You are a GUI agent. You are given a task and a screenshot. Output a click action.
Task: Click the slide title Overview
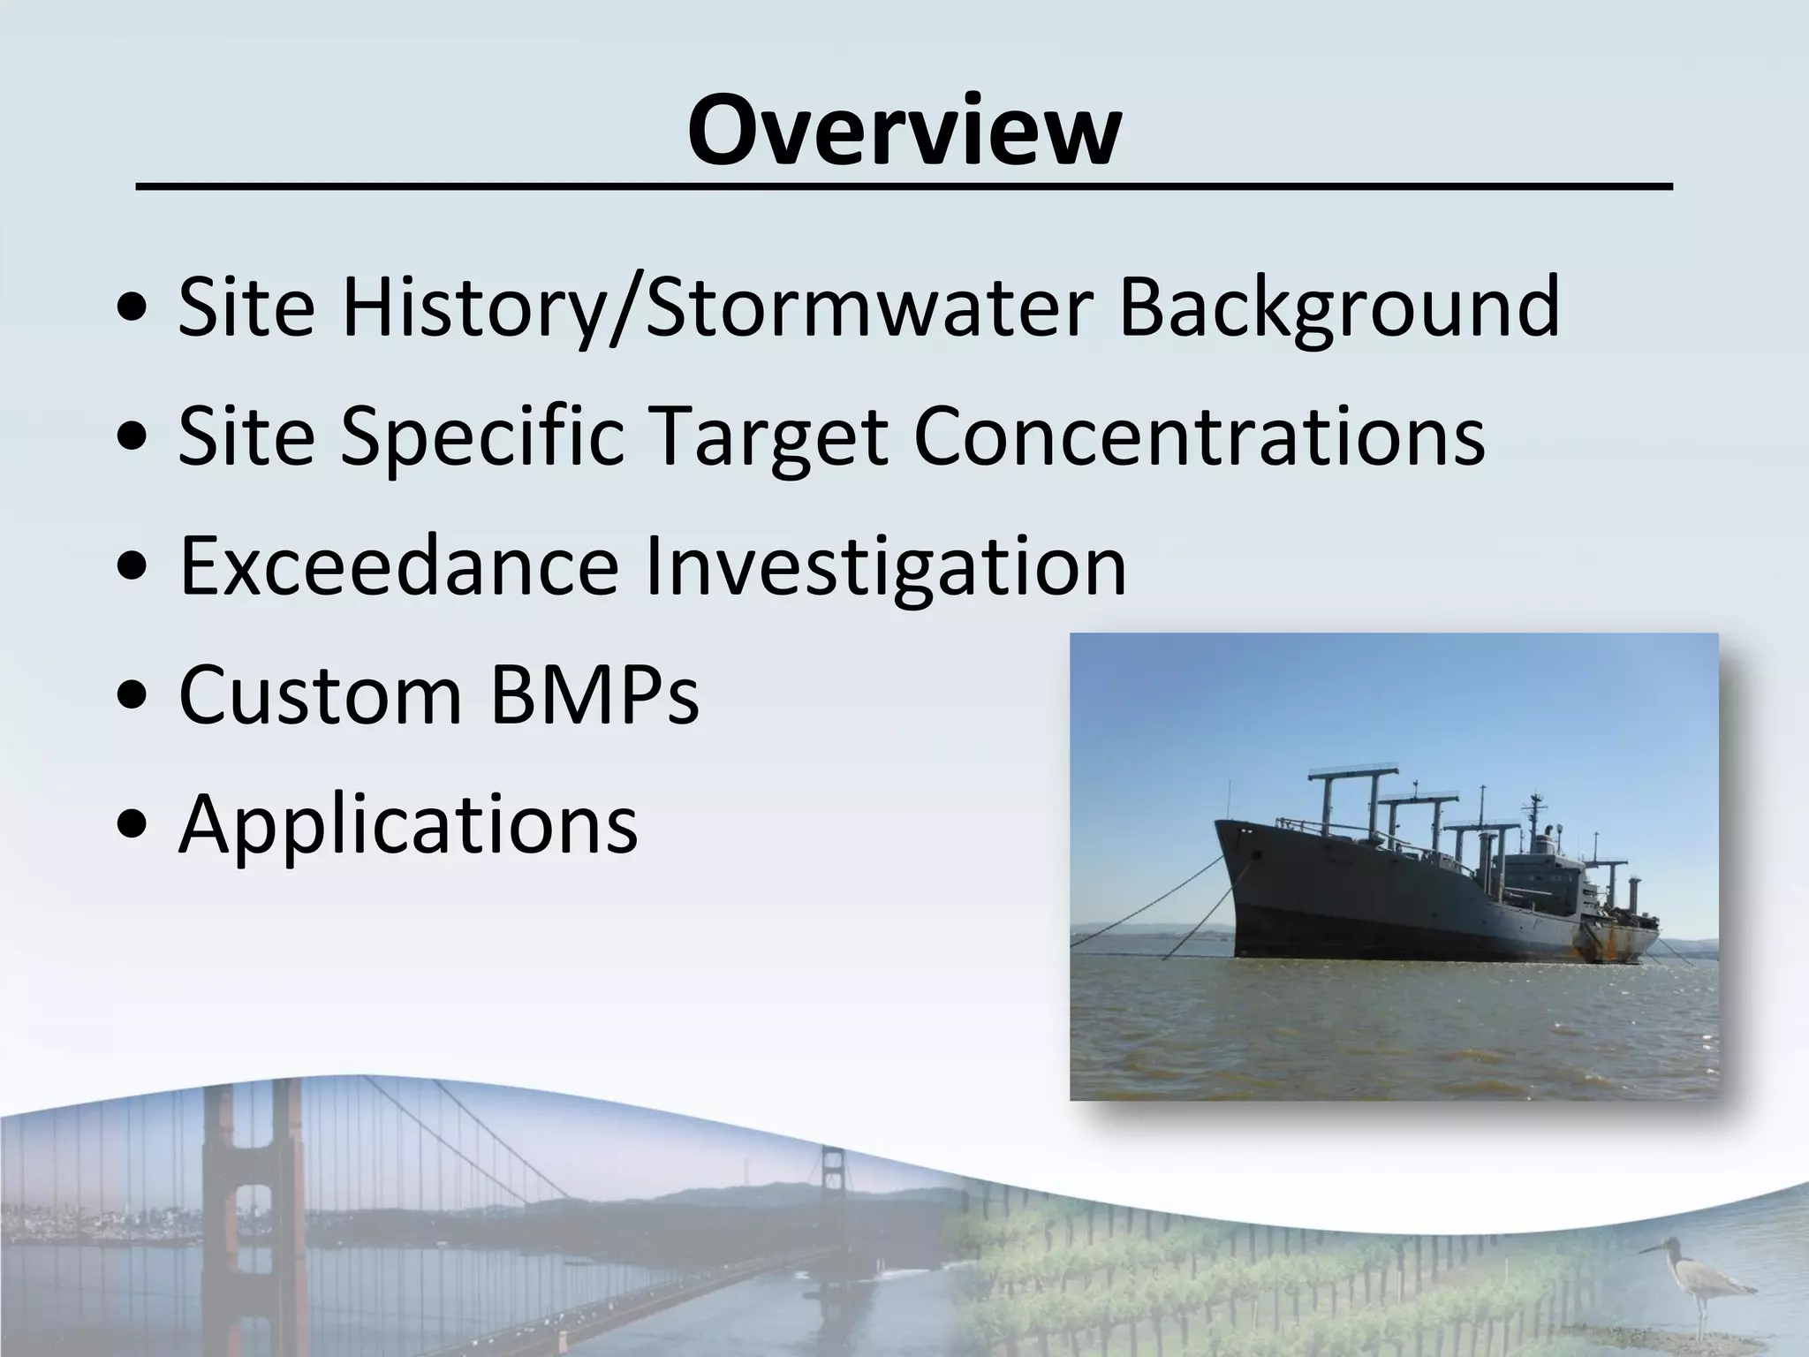904,130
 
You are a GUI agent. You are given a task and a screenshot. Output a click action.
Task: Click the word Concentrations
1199,436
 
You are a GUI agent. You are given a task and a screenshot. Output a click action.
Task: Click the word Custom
321,695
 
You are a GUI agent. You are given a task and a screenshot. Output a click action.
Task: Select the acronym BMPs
594,695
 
